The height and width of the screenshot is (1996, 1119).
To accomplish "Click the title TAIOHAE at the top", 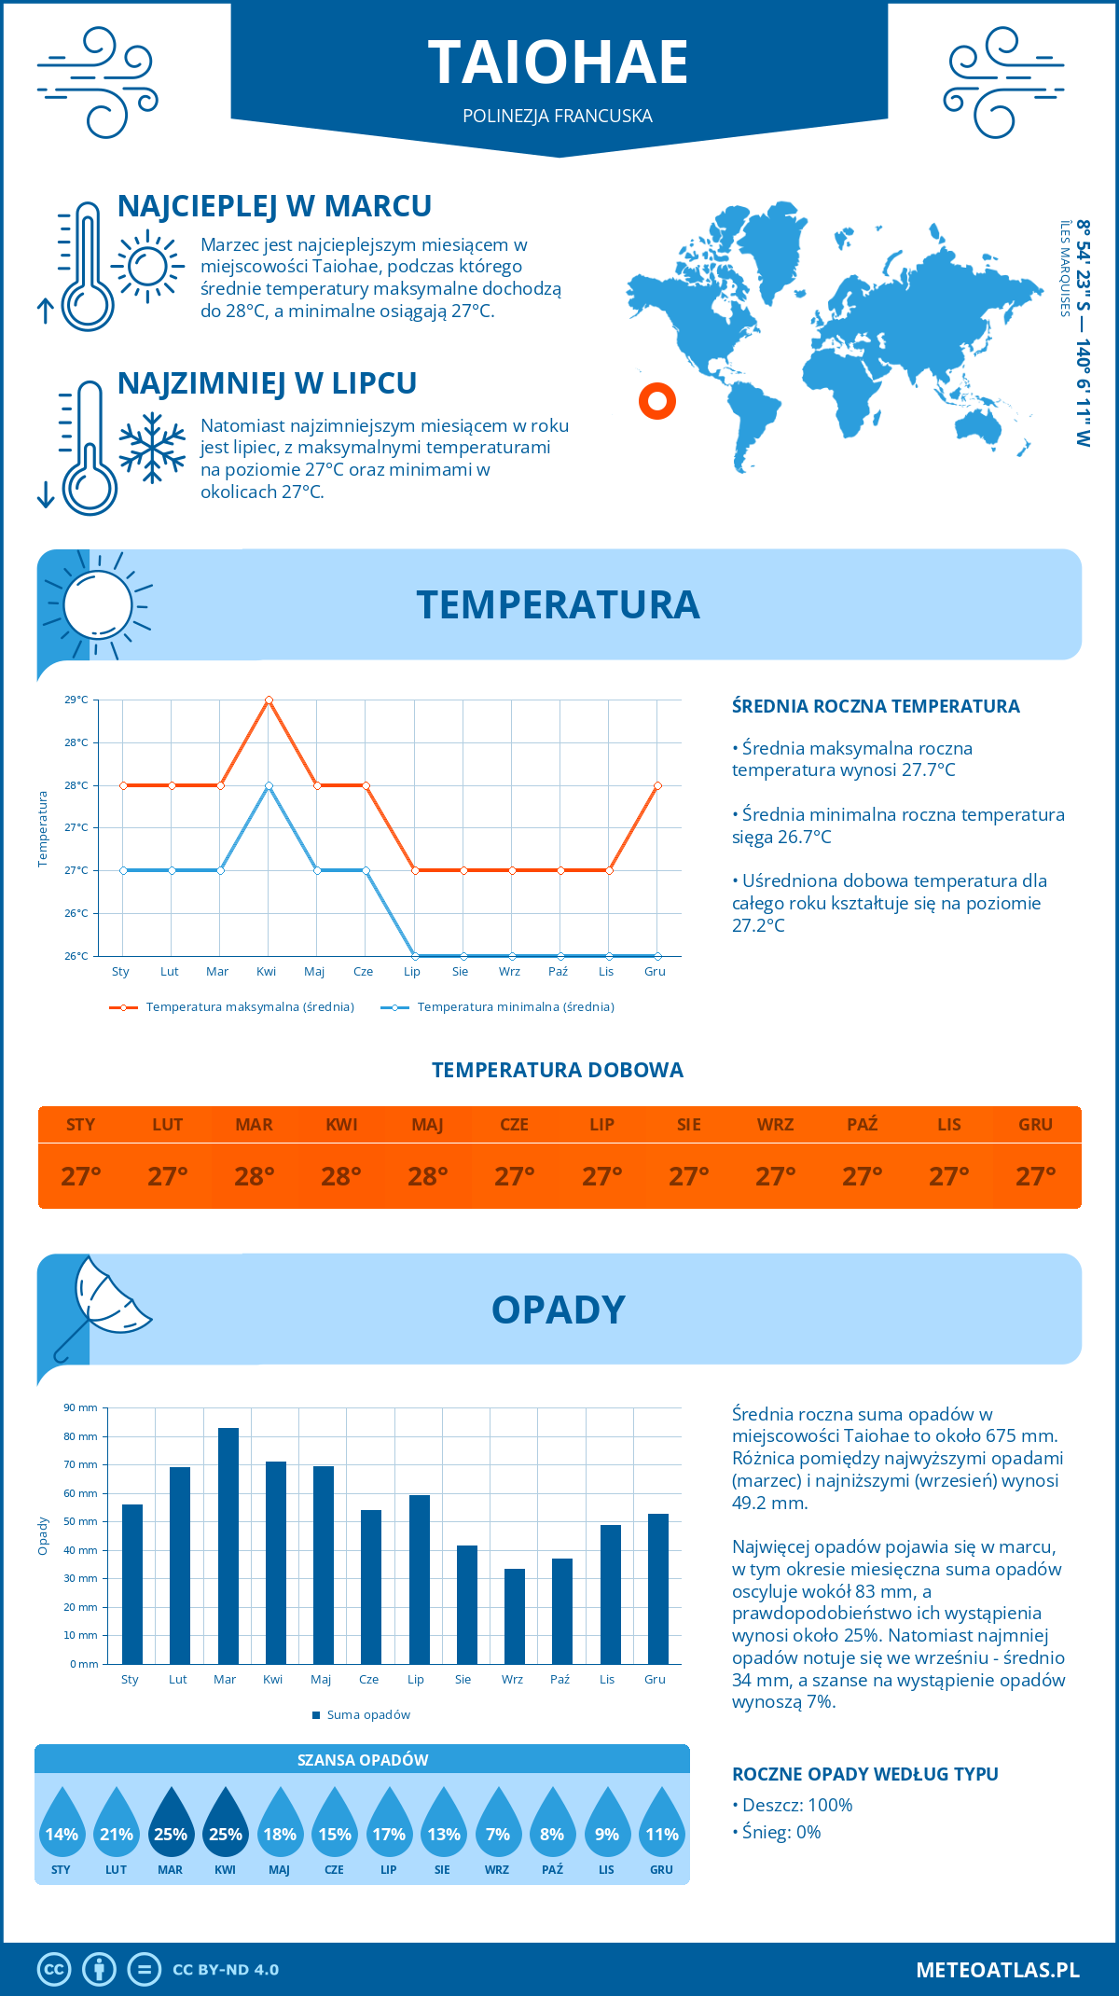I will [558, 62].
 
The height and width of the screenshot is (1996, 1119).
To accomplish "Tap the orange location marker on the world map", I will [656, 401].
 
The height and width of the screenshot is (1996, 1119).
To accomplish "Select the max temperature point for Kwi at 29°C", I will [269, 700].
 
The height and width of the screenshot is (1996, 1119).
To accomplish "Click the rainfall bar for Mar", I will [228, 1546].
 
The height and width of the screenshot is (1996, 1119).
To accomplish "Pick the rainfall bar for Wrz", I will [514, 1615].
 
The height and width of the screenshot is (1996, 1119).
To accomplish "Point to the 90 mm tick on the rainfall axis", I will [81, 1407].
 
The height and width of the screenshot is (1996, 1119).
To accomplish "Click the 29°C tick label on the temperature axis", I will [76, 700].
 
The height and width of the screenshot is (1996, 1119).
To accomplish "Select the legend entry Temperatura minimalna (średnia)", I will [515, 1007].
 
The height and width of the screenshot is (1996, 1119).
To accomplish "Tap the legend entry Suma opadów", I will [368, 1714].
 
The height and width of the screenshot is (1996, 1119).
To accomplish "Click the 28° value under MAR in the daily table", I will [255, 1176].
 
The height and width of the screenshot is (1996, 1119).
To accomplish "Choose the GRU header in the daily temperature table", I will [1035, 1125].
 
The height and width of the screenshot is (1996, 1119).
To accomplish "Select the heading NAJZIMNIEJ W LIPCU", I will [267, 383].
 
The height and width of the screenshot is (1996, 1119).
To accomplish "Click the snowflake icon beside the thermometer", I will [152, 448].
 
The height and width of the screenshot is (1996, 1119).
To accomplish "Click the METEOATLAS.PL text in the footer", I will [997, 1970].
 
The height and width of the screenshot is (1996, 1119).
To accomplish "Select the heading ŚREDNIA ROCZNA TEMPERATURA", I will [875, 706].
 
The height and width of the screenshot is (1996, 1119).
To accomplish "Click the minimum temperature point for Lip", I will [414, 956].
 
